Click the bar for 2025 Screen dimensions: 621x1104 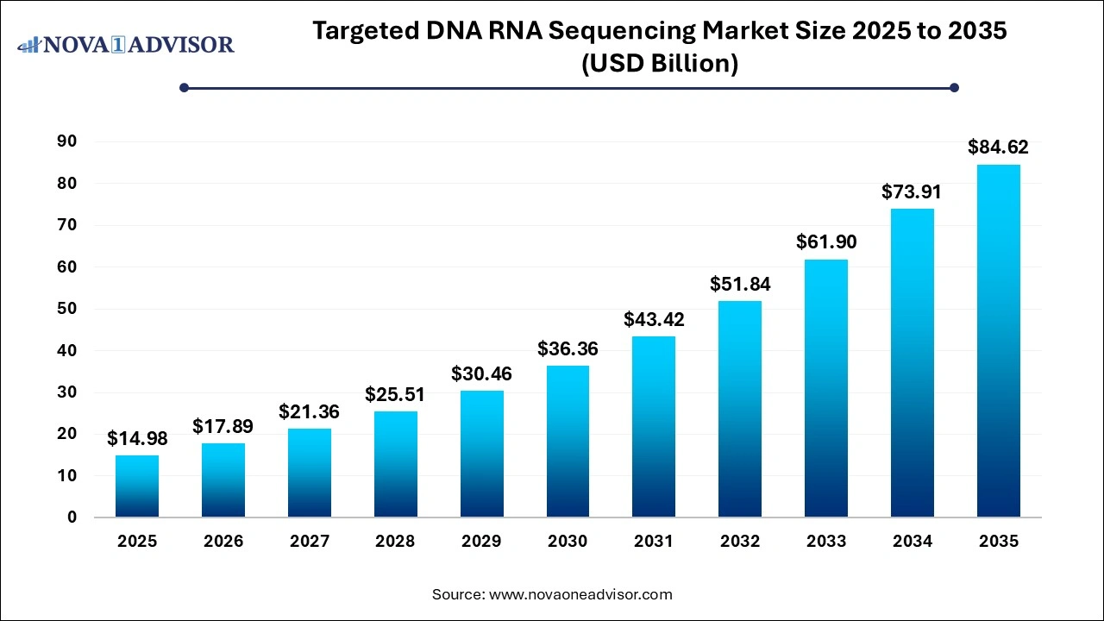point(137,486)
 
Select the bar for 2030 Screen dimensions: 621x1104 point(568,442)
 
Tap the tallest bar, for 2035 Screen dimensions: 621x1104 point(998,341)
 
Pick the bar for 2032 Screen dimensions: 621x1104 point(740,409)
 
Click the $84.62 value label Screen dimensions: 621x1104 point(998,147)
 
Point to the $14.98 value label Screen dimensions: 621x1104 point(137,438)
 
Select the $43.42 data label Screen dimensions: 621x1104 point(654,319)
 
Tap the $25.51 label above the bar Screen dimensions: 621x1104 point(395,394)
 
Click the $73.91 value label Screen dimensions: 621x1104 point(912,192)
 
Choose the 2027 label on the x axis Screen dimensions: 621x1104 point(309,542)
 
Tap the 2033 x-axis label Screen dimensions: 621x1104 point(825,542)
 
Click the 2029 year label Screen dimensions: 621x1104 point(481,542)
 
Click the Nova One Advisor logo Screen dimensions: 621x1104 point(126,44)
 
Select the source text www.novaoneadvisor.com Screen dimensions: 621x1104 point(580,594)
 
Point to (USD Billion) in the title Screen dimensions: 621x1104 point(660,64)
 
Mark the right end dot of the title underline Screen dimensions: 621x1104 point(954,87)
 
